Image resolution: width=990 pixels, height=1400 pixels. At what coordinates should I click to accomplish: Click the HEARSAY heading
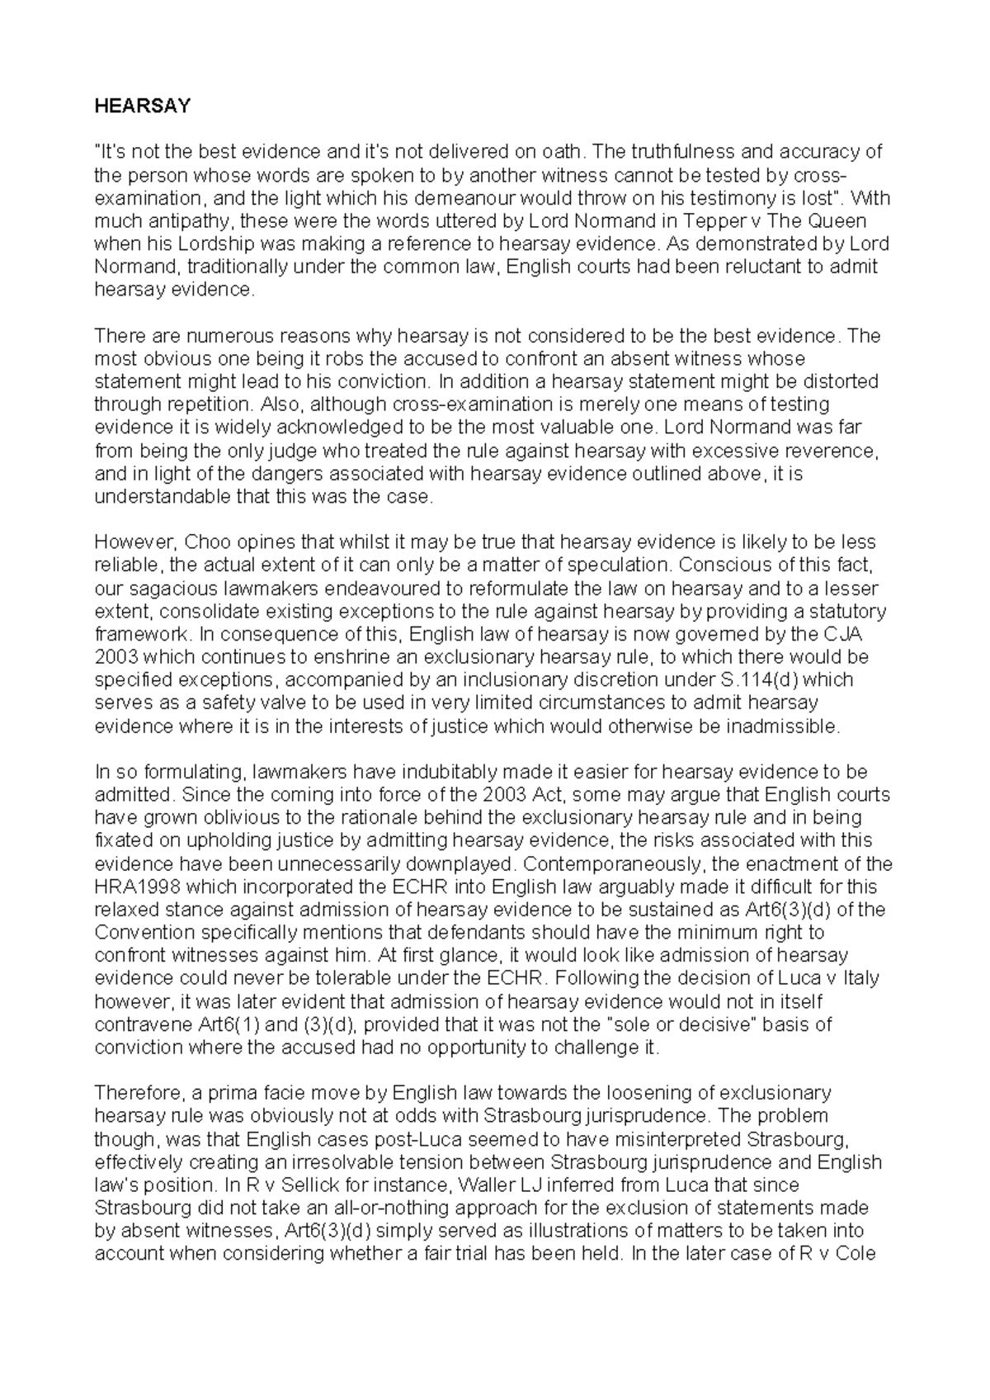click(x=142, y=106)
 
